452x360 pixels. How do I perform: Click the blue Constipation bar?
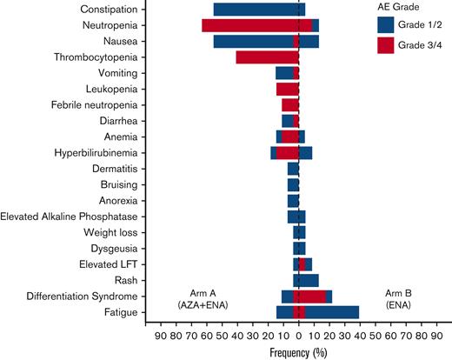(x=256, y=10)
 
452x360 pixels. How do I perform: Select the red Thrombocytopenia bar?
(x=267, y=57)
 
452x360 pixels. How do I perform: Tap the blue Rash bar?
(x=307, y=280)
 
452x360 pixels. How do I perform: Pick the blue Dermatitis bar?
(x=294, y=169)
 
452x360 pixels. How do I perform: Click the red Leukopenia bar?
(x=288, y=89)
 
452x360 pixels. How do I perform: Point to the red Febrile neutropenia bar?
(x=290, y=105)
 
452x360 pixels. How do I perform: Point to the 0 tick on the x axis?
(x=299, y=334)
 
